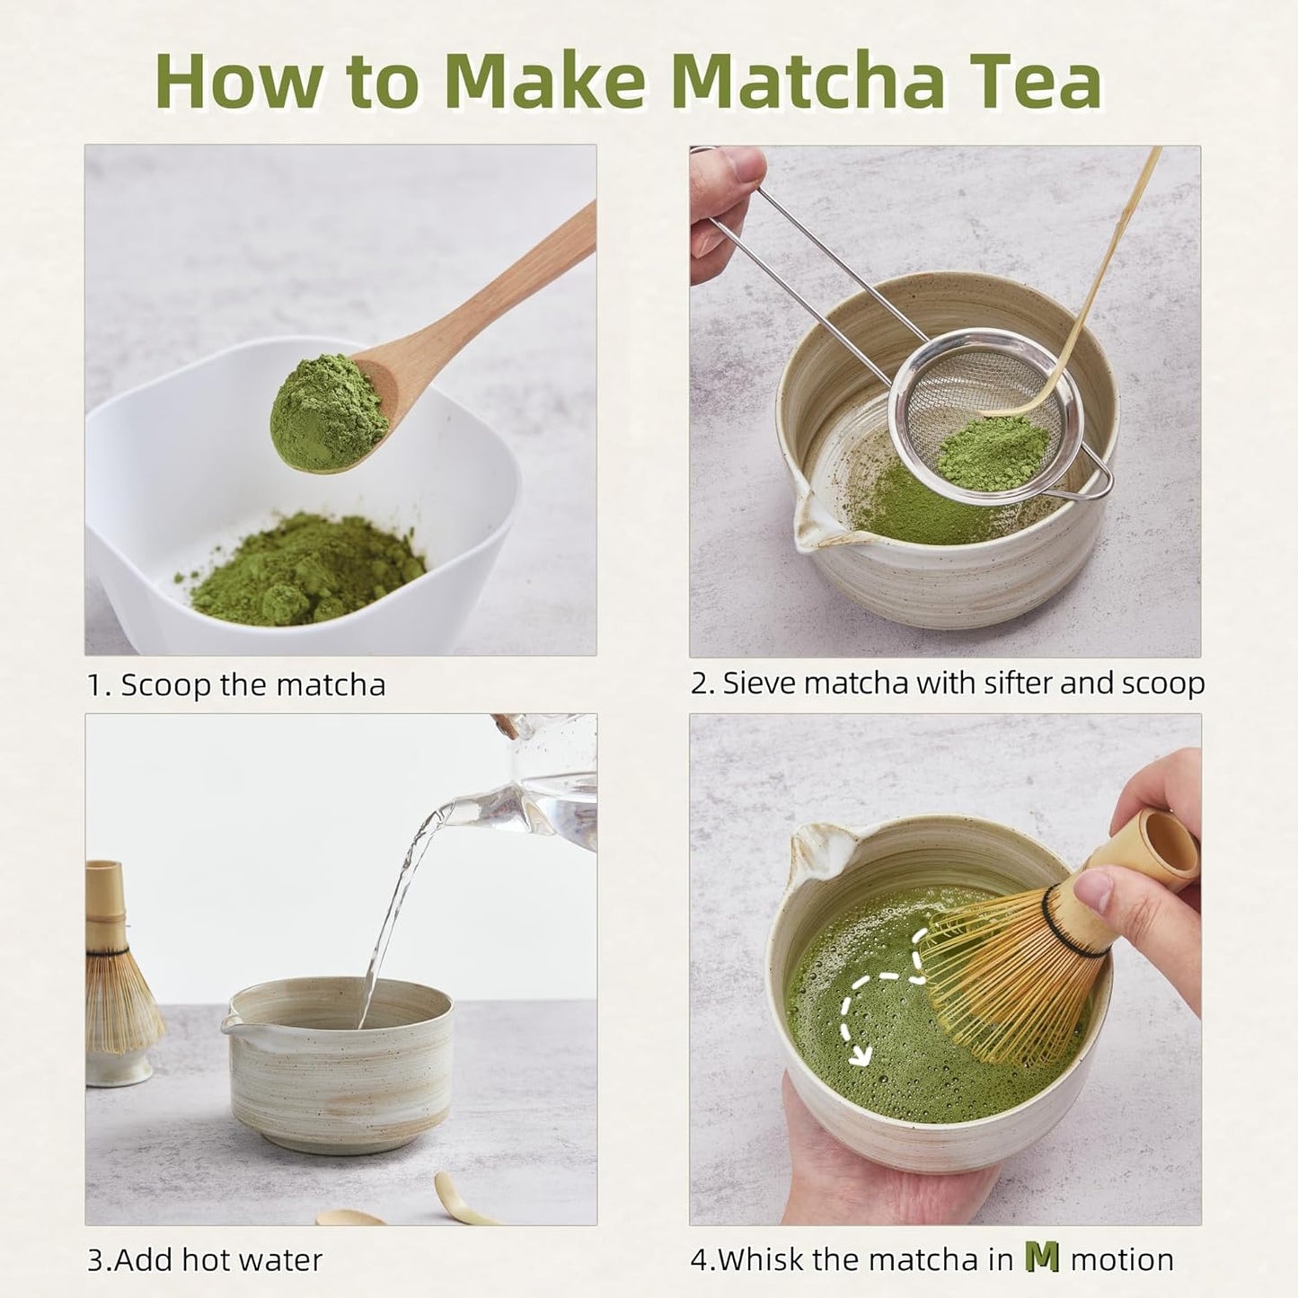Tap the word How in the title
click(x=237, y=82)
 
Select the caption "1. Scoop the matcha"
click(x=236, y=685)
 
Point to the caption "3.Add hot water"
click(x=205, y=1260)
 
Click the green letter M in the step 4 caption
click(x=1041, y=1258)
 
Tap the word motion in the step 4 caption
click(x=1122, y=1260)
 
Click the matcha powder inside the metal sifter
click(x=992, y=454)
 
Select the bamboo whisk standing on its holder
click(x=117, y=979)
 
